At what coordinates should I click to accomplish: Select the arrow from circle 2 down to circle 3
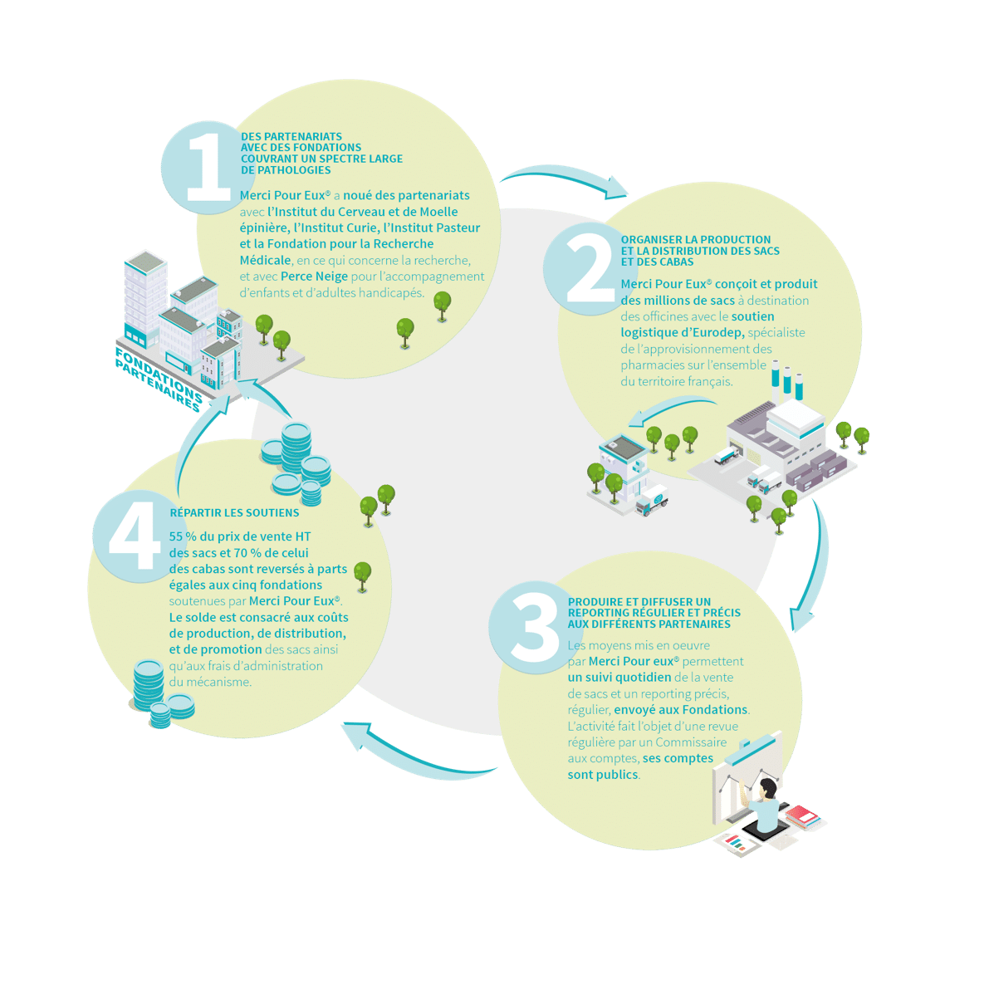click(x=817, y=568)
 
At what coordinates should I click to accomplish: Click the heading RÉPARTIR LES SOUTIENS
click(x=235, y=513)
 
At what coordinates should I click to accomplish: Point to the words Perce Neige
click(x=314, y=277)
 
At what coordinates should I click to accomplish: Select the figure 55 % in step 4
click(x=183, y=536)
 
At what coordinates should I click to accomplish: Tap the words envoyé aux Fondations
click(x=681, y=710)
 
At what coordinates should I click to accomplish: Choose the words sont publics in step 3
click(x=602, y=775)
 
